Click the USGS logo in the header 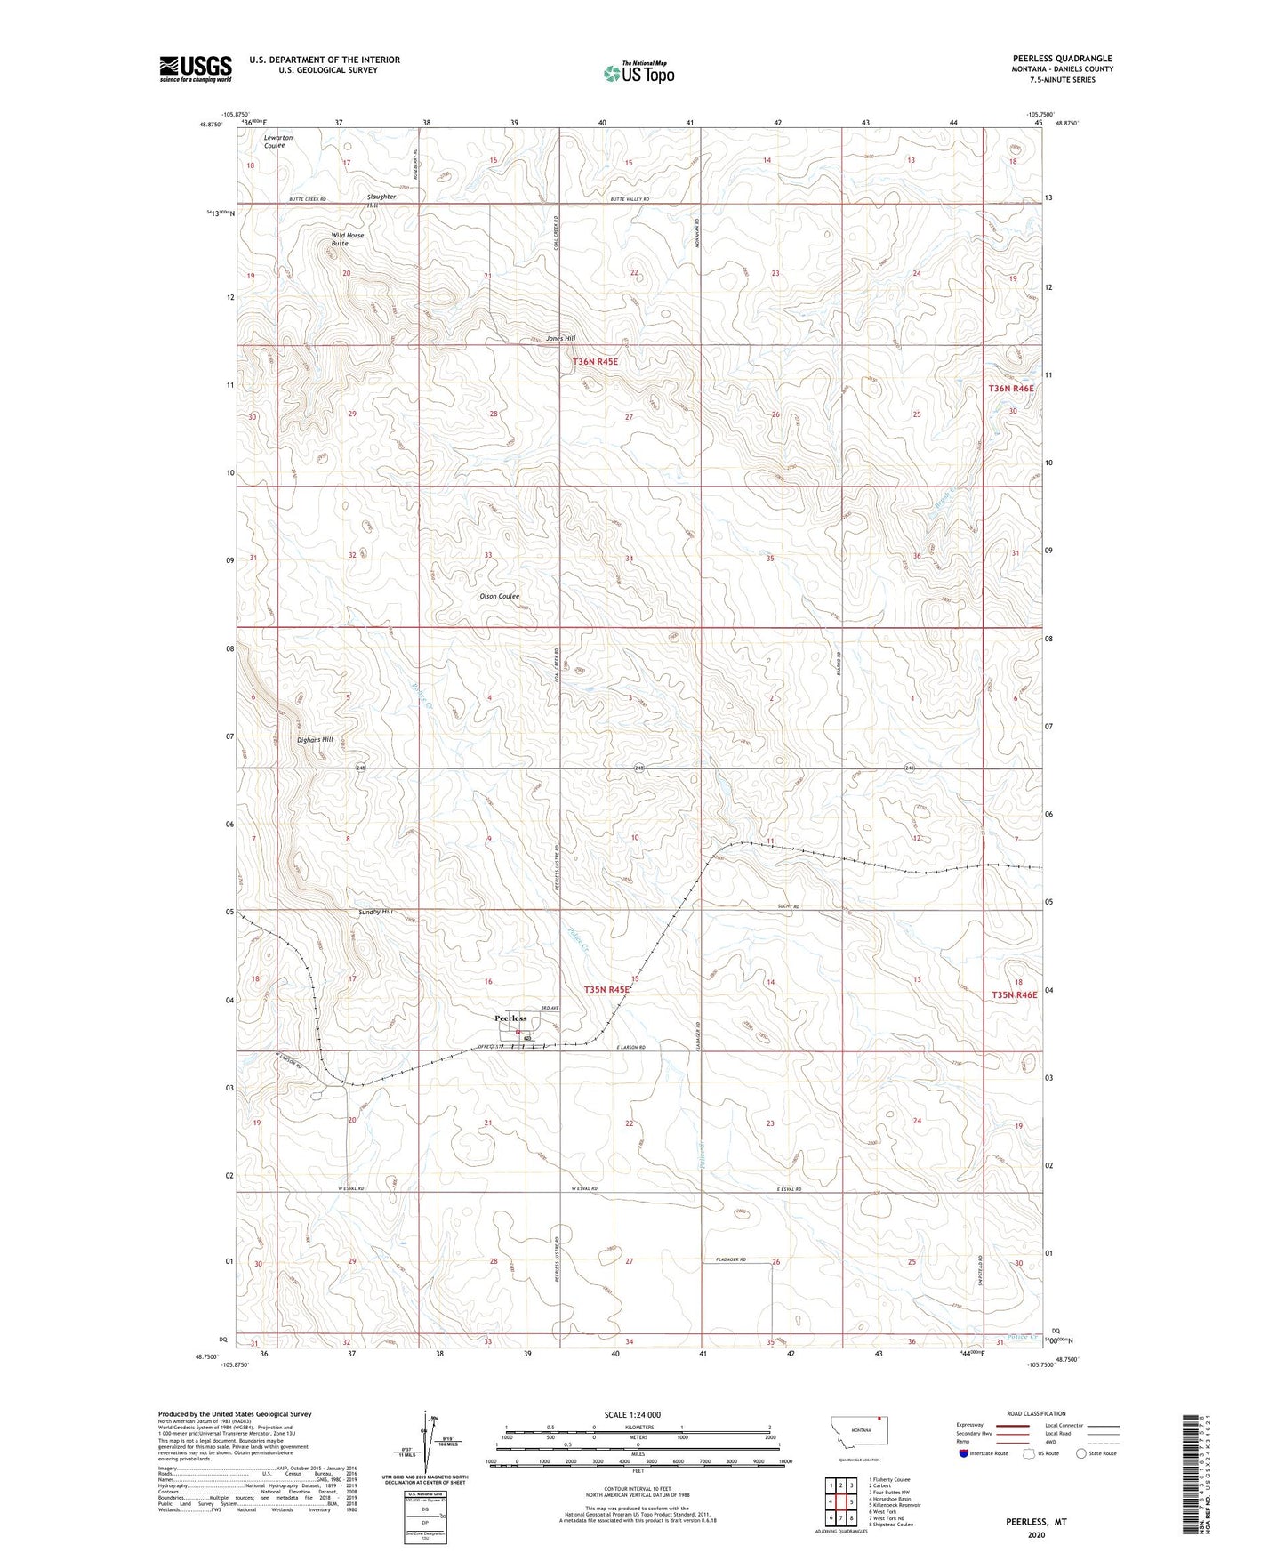196,68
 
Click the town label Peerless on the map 510,1018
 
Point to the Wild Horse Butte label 347,239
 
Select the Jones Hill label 560,338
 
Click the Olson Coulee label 499,596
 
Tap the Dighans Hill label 315,739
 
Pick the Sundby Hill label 374,912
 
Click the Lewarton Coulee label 277,141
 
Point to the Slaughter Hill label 381,200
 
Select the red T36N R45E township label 595,362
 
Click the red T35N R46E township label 1014,994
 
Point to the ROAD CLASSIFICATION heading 1035,1413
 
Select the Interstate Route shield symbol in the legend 964,1453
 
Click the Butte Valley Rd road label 630,199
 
